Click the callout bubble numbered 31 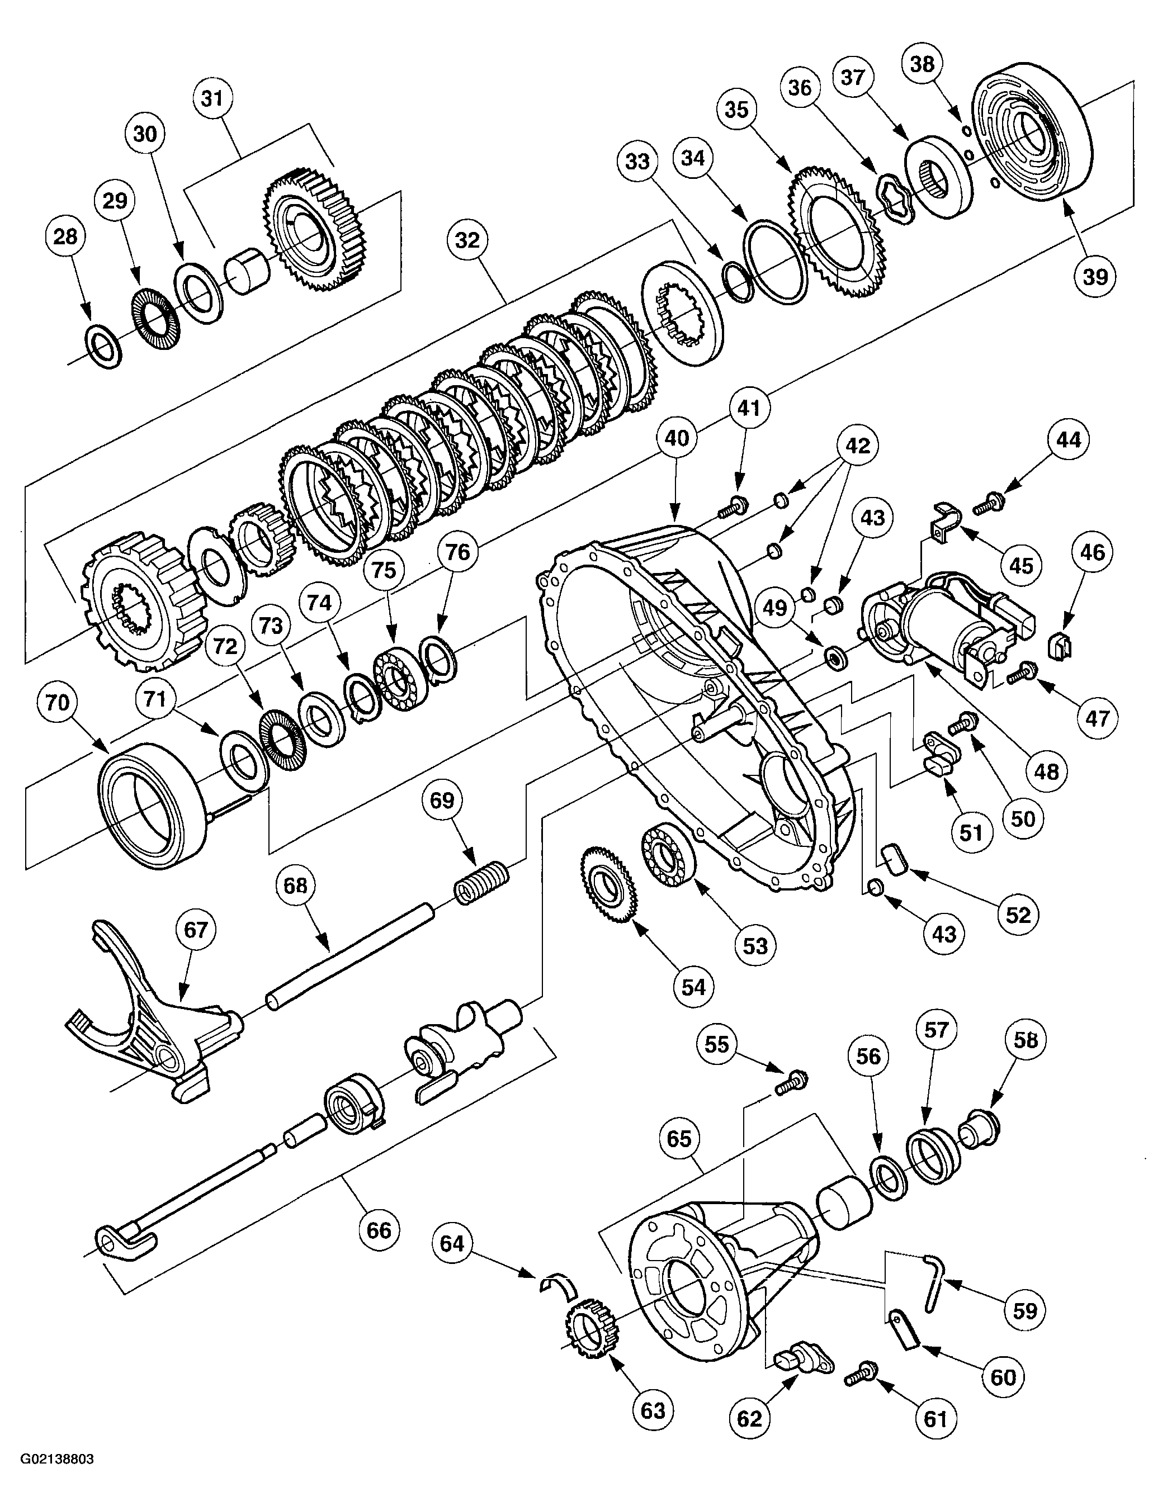pyautogui.click(x=212, y=98)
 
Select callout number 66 pyautogui.click(x=379, y=1230)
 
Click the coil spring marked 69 pyautogui.click(x=483, y=884)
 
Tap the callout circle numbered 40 pyautogui.click(x=677, y=437)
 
